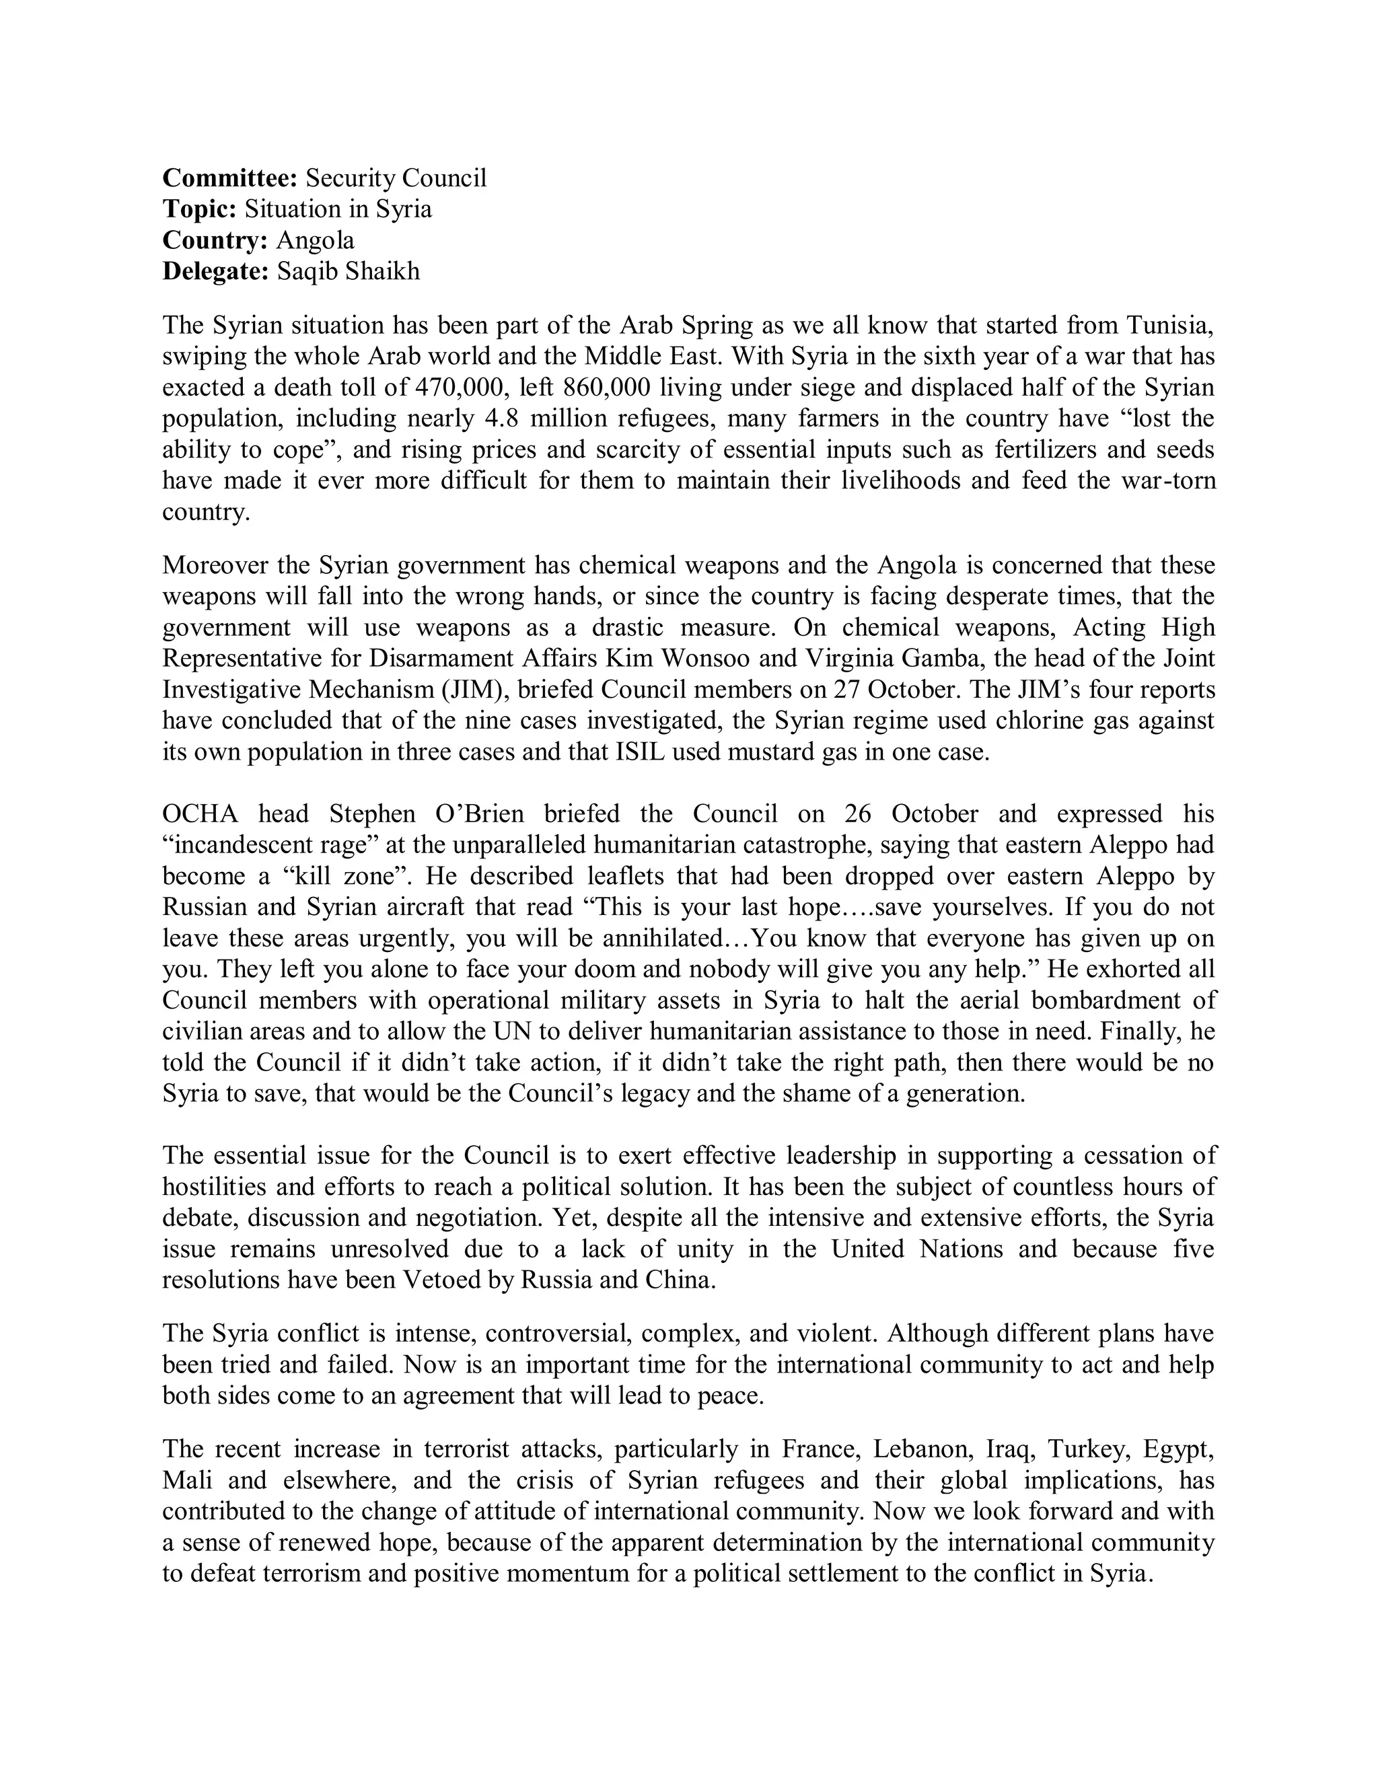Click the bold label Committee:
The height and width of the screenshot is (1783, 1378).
coord(230,178)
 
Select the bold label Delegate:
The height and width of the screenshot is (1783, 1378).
coord(215,271)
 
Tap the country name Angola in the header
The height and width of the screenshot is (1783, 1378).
coord(315,240)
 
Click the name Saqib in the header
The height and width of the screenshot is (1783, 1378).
coord(306,271)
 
